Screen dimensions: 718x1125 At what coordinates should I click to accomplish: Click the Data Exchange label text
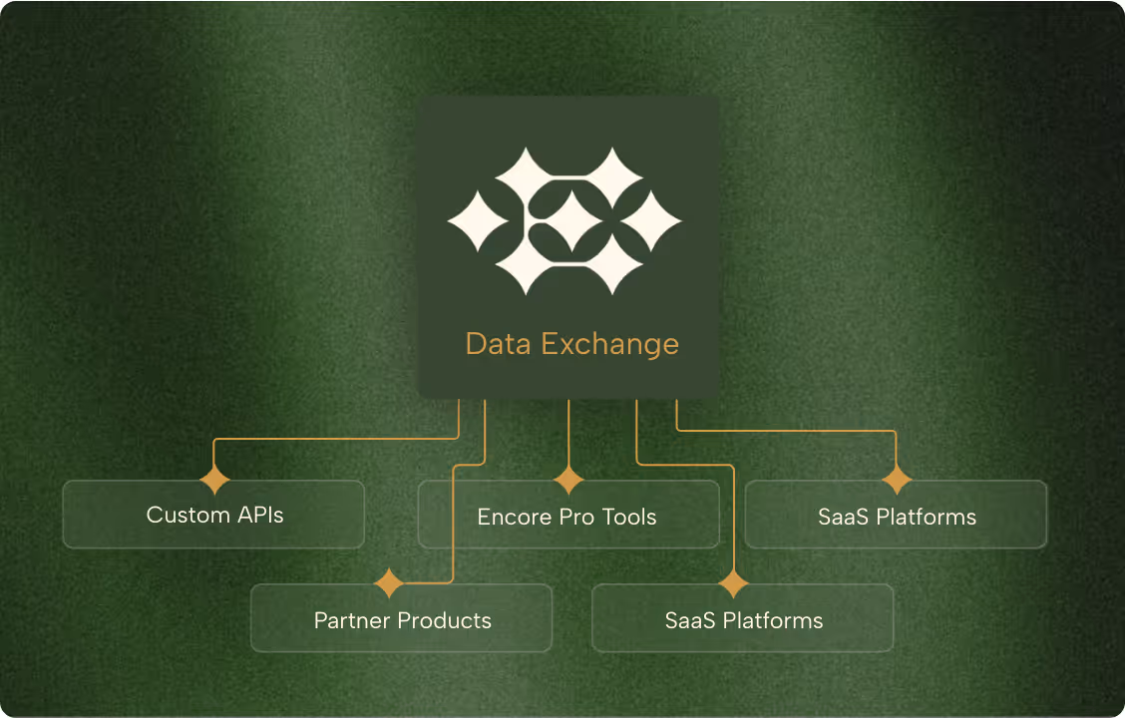point(571,345)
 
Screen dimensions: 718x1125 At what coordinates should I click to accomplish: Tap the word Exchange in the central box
point(609,345)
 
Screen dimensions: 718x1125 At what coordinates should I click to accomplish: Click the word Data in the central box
point(498,345)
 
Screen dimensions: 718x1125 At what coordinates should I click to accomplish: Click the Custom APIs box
point(213,515)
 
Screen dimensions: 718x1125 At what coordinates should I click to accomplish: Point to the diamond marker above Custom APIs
point(214,480)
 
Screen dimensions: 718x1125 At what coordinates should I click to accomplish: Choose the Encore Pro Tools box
point(567,517)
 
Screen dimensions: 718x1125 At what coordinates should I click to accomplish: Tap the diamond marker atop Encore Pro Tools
point(568,480)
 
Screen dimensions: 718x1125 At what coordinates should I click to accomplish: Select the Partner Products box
point(401,619)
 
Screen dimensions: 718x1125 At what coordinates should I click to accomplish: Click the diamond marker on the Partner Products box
point(388,583)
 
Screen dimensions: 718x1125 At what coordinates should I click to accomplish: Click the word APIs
point(259,516)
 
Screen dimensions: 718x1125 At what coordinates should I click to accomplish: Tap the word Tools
point(630,518)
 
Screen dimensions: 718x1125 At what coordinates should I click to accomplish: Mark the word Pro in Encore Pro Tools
point(578,518)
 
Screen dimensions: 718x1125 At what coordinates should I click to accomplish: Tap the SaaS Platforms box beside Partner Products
point(743,619)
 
